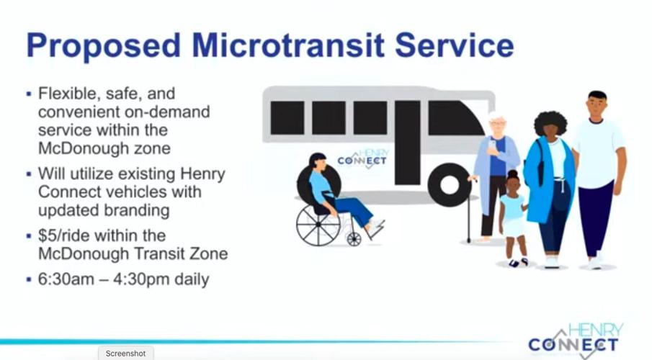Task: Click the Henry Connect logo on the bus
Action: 363,157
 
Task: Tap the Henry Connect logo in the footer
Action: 574,338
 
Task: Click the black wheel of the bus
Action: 449,184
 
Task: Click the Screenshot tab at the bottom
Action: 125,354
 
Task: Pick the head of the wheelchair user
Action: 317,163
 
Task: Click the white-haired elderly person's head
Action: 497,124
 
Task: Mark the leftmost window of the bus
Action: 287,117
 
